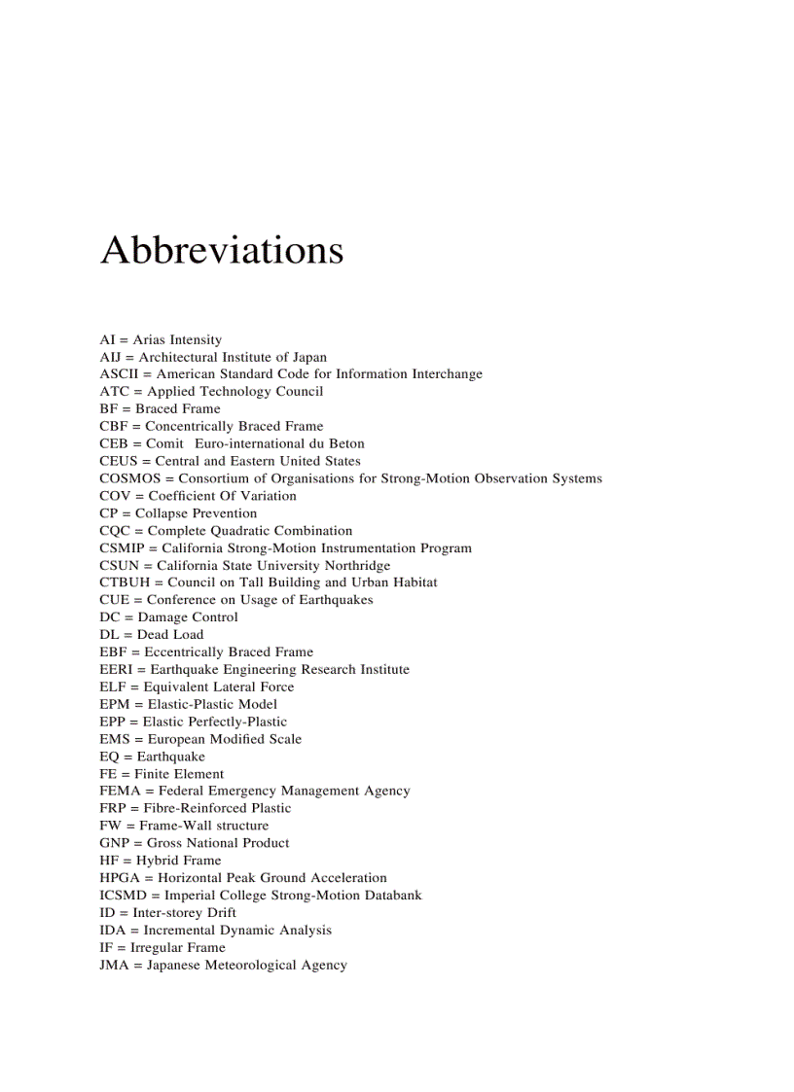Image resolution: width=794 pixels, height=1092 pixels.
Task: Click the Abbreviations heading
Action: point(222,250)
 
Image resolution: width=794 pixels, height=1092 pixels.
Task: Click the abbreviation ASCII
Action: point(118,374)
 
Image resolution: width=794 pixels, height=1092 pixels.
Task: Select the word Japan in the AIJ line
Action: point(307,357)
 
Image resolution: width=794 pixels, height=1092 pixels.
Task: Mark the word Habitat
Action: point(412,582)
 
